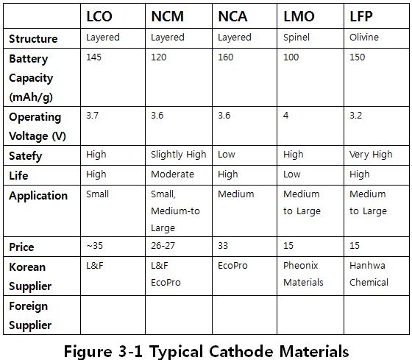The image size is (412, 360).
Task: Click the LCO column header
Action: click(99, 16)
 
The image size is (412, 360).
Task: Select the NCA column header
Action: click(232, 16)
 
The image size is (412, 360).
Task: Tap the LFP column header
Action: click(361, 16)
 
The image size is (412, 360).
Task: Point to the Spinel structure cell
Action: click(296, 38)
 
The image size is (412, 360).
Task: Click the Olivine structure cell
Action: click(364, 38)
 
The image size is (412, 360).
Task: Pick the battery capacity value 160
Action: click(225, 57)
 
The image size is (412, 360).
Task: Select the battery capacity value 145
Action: click(94, 57)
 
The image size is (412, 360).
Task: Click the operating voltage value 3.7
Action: click(92, 115)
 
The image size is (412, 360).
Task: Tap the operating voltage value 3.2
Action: click(356, 115)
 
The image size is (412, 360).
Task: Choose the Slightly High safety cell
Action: click(179, 155)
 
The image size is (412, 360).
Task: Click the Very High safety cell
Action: click(371, 155)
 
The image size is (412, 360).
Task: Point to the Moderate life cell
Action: click(173, 174)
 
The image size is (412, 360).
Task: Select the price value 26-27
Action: click(163, 246)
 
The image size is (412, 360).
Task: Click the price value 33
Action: click(223, 246)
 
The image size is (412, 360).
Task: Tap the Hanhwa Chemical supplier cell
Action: click(369, 274)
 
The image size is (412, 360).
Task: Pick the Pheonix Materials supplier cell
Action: click(303, 274)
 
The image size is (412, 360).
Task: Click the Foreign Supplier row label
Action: click(30, 316)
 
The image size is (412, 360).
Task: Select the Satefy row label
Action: click(26, 156)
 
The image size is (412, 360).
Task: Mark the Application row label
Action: click(38, 196)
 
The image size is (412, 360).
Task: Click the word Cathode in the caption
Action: click(241, 351)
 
